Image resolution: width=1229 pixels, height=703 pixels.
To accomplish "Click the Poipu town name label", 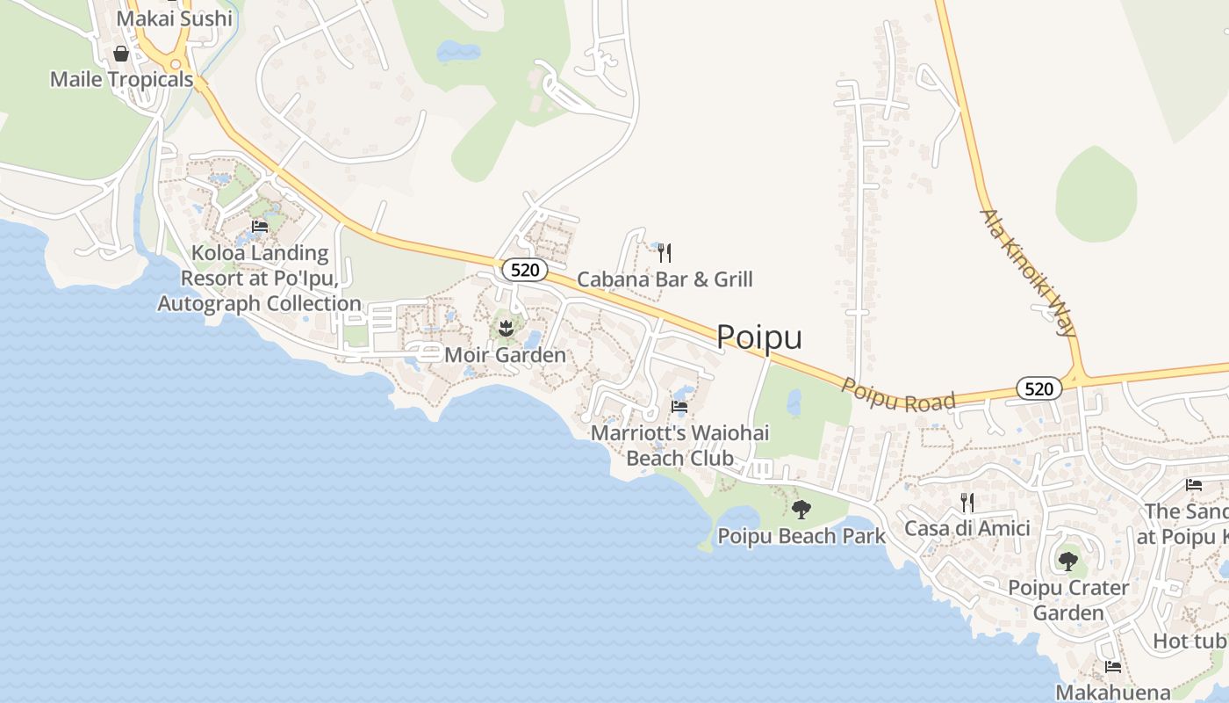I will click(x=759, y=337).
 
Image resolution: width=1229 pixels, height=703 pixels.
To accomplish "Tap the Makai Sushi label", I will click(x=175, y=18).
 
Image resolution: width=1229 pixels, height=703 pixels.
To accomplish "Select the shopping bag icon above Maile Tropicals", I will click(x=121, y=54).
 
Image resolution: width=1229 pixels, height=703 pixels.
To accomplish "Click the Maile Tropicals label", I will click(x=121, y=80).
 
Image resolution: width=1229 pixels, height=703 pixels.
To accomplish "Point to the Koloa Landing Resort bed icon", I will click(x=260, y=227).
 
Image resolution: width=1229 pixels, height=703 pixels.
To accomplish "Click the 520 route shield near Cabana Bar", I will click(x=525, y=269).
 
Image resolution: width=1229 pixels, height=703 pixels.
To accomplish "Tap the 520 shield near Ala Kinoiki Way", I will click(x=1039, y=388).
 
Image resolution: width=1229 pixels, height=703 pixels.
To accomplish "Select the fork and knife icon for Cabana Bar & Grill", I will click(x=665, y=253).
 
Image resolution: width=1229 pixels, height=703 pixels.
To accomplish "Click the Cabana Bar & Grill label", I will click(x=665, y=279).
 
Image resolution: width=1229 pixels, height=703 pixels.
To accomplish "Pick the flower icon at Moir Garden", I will click(x=505, y=330).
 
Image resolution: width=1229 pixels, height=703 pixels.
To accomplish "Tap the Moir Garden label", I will click(x=505, y=355).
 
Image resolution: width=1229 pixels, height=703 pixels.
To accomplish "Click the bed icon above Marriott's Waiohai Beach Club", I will click(x=679, y=407).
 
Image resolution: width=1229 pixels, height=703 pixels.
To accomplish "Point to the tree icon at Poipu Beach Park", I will click(x=801, y=509).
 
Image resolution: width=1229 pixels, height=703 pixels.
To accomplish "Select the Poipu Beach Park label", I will click(x=801, y=535).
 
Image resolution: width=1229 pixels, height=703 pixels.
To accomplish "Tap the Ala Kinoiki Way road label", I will click(x=1028, y=272).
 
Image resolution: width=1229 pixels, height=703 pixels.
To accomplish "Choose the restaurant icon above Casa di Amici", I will click(x=967, y=503).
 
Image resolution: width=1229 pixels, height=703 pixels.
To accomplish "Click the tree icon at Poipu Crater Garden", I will click(x=1067, y=561).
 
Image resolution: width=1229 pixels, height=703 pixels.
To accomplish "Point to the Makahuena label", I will click(x=1112, y=692).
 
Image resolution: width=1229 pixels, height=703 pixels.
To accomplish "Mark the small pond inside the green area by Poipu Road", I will click(x=794, y=403).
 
